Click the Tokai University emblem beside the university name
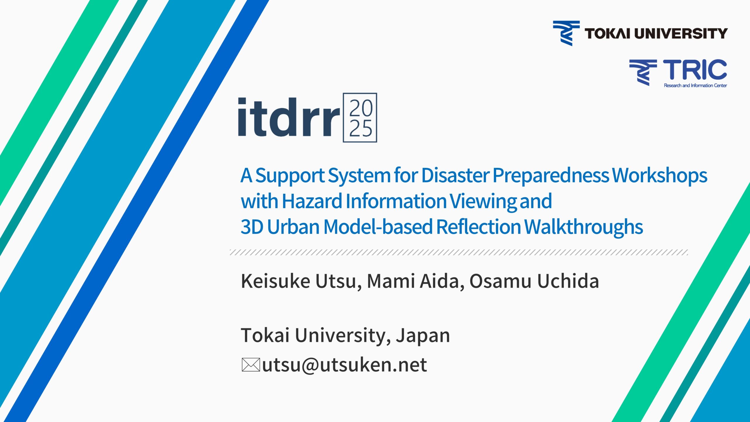coord(566,33)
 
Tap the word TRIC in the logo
coord(695,70)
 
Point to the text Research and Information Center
coord(695,86)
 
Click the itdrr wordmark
coord(289,117)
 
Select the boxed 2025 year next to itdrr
coord(360,118)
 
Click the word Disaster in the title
coord(455,176)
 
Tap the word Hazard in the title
coord(312,201)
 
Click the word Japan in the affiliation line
coord(423,336)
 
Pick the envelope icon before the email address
coord(251,365)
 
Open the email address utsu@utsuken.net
coord(345,365)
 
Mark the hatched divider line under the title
coord(459,252)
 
